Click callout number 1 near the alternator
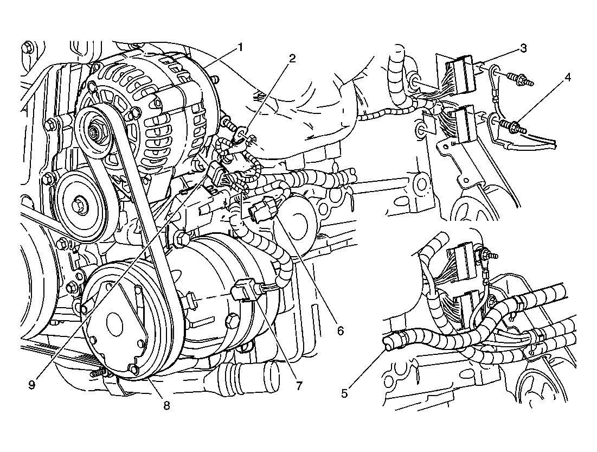(x=240, y=47)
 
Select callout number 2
(x=292, y=58)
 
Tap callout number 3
(x=523, y=48)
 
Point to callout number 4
(x=567, y=78)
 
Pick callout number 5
(x=344, y=393)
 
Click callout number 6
(x=340, y=330)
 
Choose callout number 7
(x=299, y=386)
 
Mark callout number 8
(x=166, y=405)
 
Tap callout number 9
(x=32, y=385)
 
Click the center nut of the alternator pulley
(x=94, y=132)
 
